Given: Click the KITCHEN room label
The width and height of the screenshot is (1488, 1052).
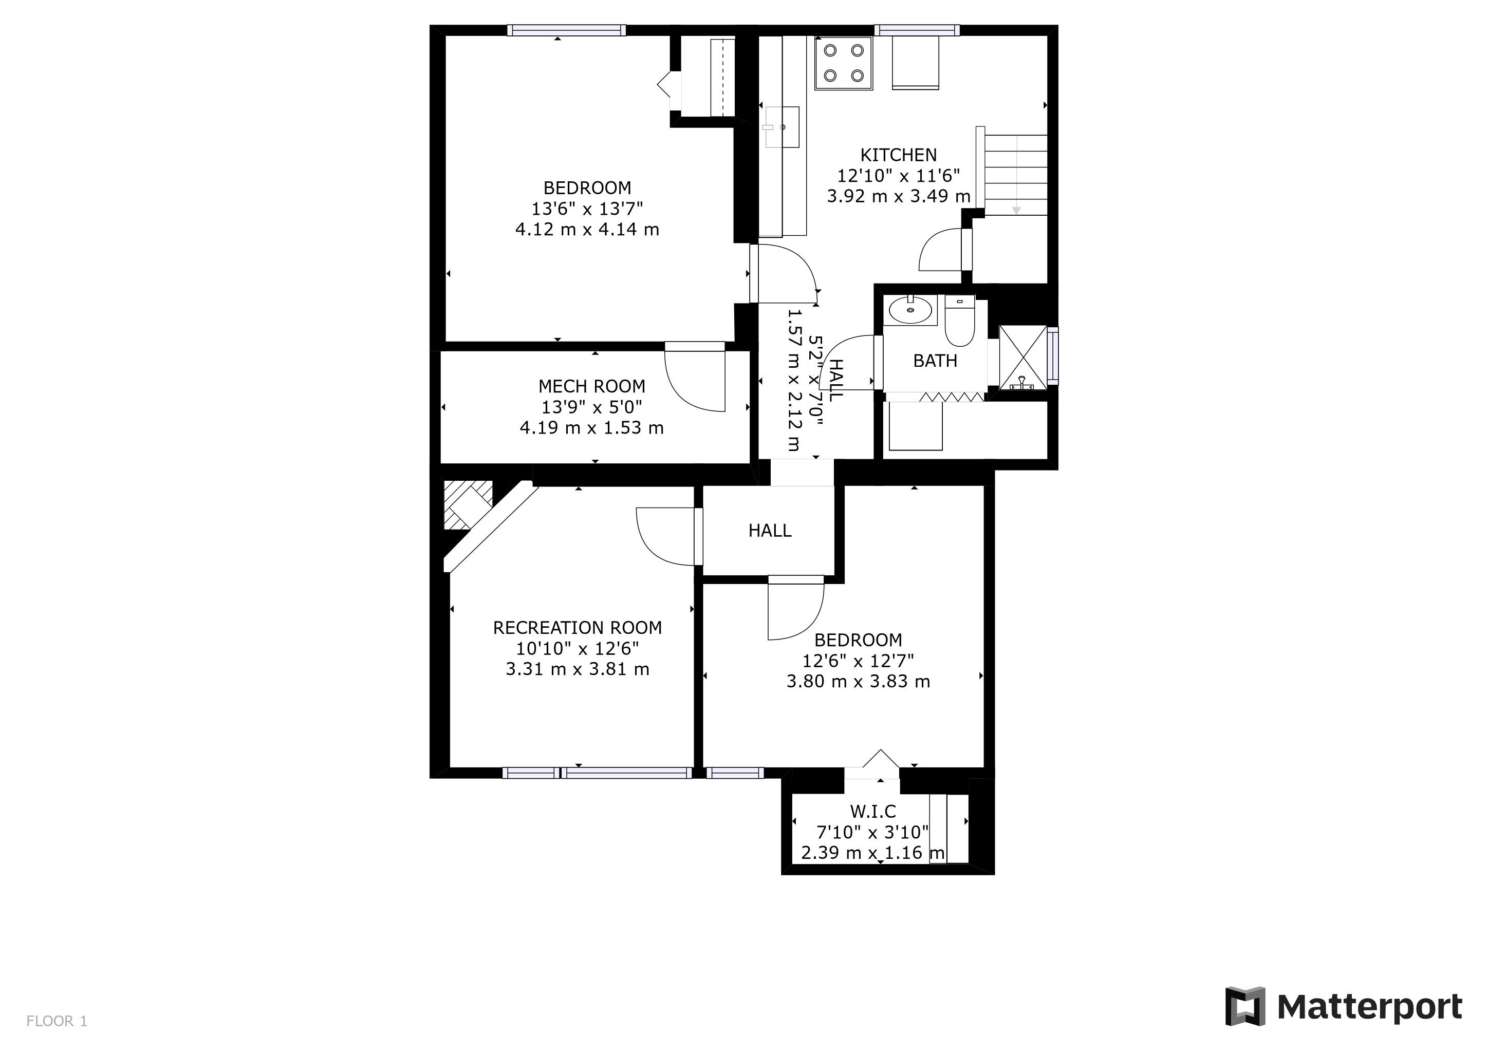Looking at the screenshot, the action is click(x=898, y=155).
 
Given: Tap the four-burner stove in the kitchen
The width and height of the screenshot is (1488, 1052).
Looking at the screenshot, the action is click(x=844, y=63).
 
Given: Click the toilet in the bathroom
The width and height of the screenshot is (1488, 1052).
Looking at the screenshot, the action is click(x=959, y=321).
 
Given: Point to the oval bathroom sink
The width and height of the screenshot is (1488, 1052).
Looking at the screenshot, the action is click(x=910, y=310).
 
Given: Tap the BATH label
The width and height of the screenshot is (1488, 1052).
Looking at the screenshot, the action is click(x=935, y=361).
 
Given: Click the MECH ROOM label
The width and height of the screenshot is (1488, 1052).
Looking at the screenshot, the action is click(x=592, y=387).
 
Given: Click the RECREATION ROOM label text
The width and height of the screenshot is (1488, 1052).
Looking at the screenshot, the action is click(x=578, y=628).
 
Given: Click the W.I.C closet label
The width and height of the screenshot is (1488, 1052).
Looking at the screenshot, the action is click(x=873, y=811).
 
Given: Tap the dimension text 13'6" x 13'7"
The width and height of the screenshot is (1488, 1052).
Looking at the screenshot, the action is click(x=587, y=209).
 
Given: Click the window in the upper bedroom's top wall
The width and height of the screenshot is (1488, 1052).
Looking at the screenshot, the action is click(x=566, y=30).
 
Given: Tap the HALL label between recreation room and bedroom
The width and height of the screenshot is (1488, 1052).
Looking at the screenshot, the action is click(x=770, y=531).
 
